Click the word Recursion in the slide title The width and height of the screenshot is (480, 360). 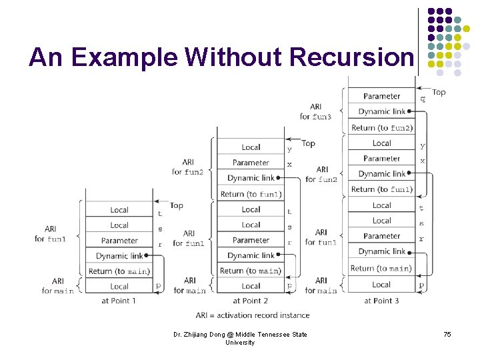pyautogui.click(x=351, y=57)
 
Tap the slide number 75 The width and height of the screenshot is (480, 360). pyautogui.click(x=447, y=334)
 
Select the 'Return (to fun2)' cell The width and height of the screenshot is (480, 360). pyautogui.click(x=382, y=127)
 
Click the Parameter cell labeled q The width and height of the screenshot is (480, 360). pyautogui.click(x=382, y=97)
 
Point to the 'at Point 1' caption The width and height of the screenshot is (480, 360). pyautogui.click(x=119, y=301)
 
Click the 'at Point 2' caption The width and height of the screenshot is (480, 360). pyautogui.click(x=251, y=301)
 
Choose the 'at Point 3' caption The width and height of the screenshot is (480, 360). pyautogui.click(x=381, y=301)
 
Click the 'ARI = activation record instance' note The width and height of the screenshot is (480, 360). pyautogui.click(x=253, y=315)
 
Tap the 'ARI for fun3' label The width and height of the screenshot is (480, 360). pyautogui.click(x=315, y=111)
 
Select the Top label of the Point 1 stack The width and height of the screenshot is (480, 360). pyautogui.click(x=176, y=205)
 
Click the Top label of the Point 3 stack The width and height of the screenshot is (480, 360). pyautogui.click(x=439, y=92)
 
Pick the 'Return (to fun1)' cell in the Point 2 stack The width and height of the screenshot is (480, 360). pyautogui.click(x=251, y=194)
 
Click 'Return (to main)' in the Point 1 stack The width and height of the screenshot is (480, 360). pyautogui.click(x=119, y=271)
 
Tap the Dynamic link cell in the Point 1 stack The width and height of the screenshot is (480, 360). pyautogui.click(x=119, y=256)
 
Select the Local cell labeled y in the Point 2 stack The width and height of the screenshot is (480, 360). pyautogui.click(x=251, y=147)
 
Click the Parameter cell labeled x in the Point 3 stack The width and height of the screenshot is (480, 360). pyautogui.click(x=382, y=159)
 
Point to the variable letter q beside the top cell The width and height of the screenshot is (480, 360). pyautogui.click(x=422, y=99)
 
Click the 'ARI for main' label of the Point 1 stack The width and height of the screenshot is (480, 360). pyautogui.click(x=58, y=286)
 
